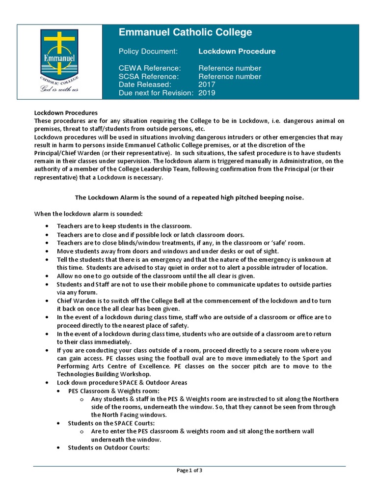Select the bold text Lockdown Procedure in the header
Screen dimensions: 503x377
pos(237,51)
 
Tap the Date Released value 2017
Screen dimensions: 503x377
pos(207,84)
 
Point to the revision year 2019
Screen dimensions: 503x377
pos(207,93)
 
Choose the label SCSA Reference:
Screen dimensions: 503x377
pos(149,76)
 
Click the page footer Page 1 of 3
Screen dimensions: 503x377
pos(189,470)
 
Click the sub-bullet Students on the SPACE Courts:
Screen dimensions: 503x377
pos(111,423)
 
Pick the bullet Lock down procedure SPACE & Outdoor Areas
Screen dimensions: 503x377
pos(122,382)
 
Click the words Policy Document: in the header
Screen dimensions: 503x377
pos(148,51)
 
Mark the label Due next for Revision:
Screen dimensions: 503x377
pos(156,93)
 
